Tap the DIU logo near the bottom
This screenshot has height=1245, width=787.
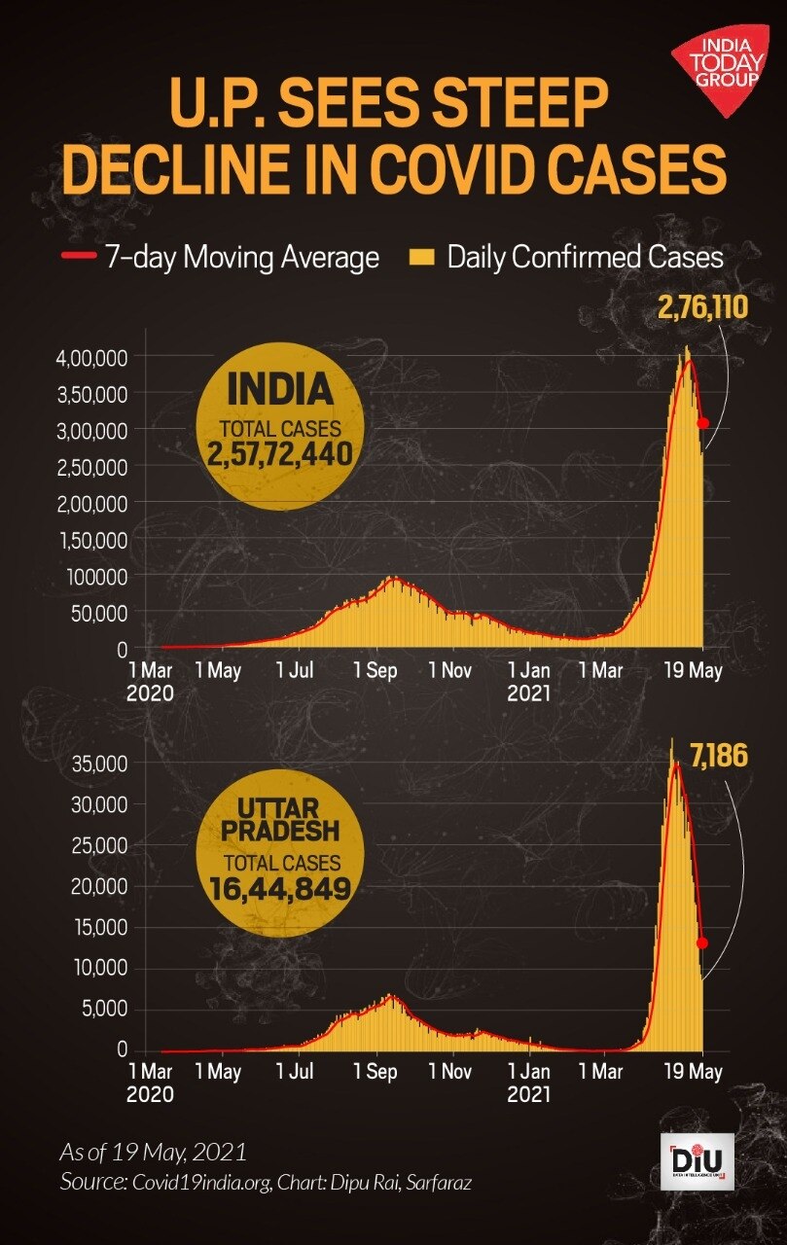(x=697, y=1161)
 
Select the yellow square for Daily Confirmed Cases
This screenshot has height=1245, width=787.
(x=421, y=257)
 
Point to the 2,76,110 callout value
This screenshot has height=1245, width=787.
(x=702, y=309)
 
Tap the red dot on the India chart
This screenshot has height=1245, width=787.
(x=703, y=423)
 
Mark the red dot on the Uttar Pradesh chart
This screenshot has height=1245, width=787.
(x=702, y=943)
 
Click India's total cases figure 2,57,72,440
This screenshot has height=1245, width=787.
(x=278, y=452)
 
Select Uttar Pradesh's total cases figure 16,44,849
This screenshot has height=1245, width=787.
(x=279, y=886)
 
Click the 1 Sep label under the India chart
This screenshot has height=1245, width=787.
(x=380, y=671)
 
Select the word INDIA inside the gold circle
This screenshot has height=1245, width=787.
(x=279, y=391)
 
